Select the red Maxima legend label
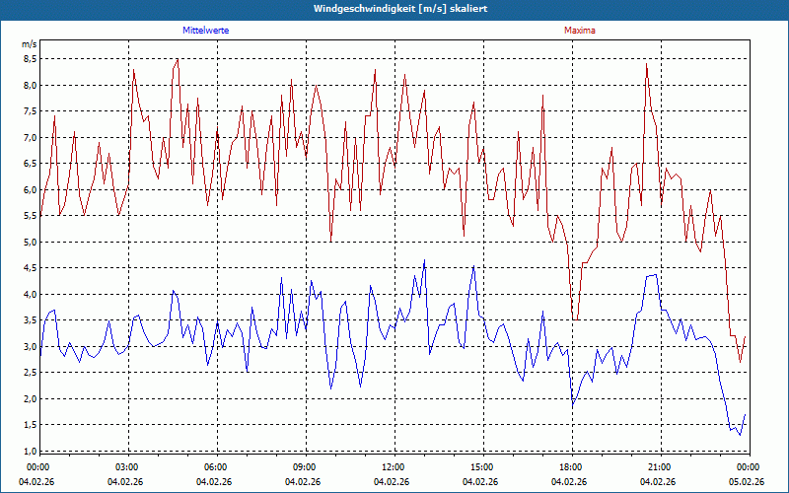pyautogui.click(x=580, y=31)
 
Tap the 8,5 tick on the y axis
pyautogui.click(x=30, y=58)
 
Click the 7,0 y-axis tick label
pyautogui.click(x=30, y=137)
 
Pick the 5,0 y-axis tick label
pyautogui.click(x=30, y=242)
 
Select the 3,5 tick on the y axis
pyautogui.click(x=30, y=320)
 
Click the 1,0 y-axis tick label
pyautogui.click(x=30, y=451)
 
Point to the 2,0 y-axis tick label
pyautogui.click(x=30, y=398)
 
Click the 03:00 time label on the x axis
pyautogui.click(x=127, y=467)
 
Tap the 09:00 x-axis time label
pyautogui.click(x=305, y=467)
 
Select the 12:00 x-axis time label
pyautogui.click(x=394, y=467)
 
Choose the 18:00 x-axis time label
pyautogui.click(x=571, y=467)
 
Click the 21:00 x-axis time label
pyautogui.click(x=660, y=467)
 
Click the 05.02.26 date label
pyautogui.click(x=748, y=482)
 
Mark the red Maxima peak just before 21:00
pyautogui.click(x=646, y=64)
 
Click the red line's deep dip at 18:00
pyautogui.click(x=575, y=318)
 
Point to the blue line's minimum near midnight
pyautogui.click(x=740, y=435)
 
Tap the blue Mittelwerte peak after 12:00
pyautogui.click(x=424, y=260)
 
